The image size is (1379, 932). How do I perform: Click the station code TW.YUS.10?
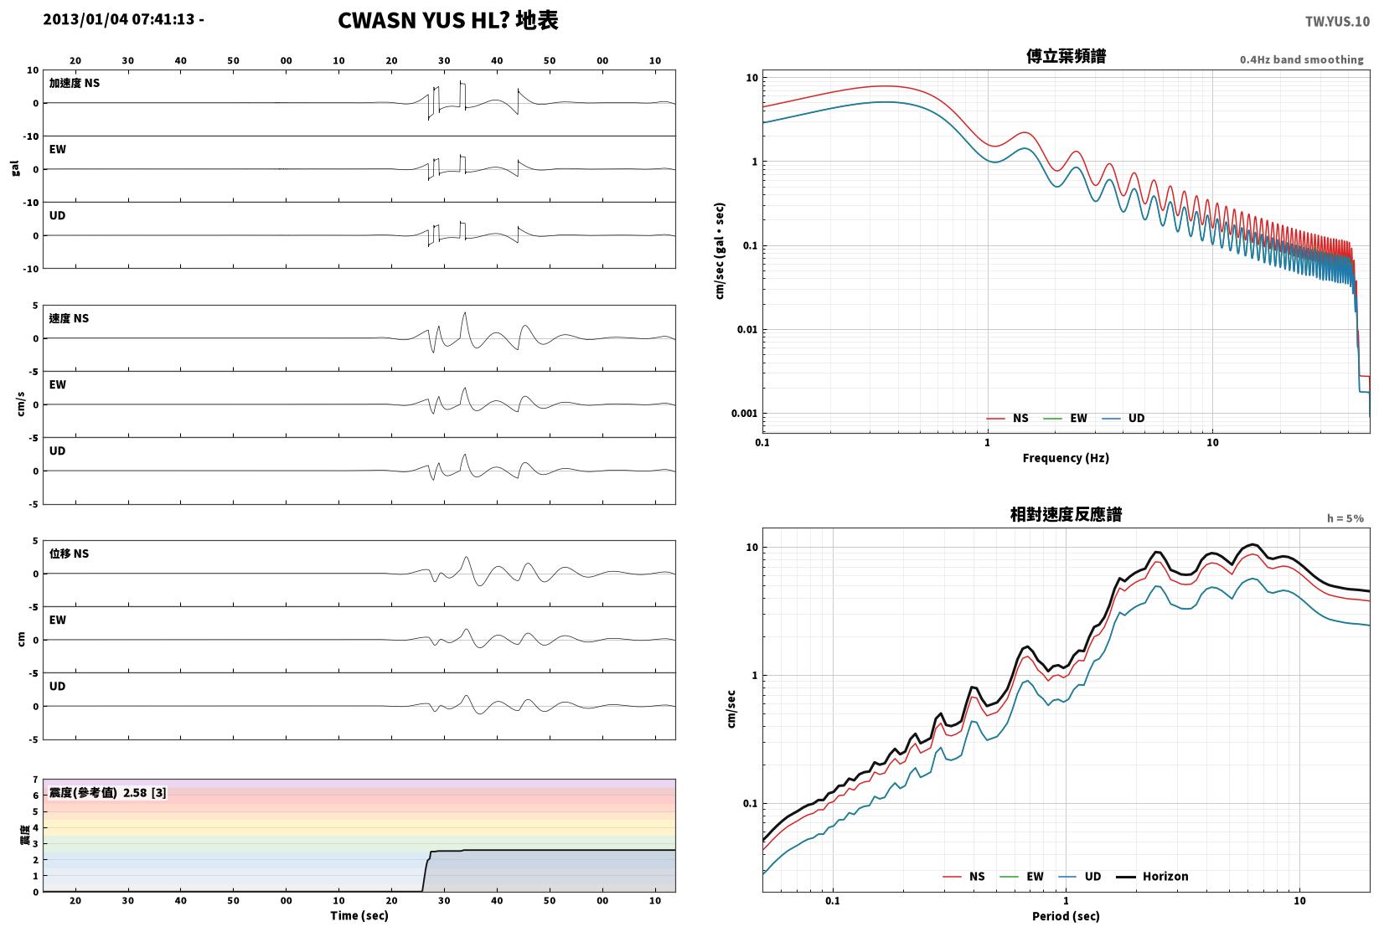click(1337, 22)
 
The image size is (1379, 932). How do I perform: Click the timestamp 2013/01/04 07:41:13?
click(119, 19)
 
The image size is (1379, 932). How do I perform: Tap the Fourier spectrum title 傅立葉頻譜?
click(1066, 56)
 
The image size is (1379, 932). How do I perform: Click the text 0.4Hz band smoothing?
click(1301, 59)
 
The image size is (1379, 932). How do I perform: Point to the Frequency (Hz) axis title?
click(1066, 458)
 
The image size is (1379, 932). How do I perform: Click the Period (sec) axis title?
click(1066, 916)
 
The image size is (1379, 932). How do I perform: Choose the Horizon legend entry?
click(1153, 877)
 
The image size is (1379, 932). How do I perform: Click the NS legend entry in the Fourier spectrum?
click(1008, 419)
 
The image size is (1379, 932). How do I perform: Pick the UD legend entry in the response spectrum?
click(1080, 877)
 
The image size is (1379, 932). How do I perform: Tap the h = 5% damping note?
click(1345, 518)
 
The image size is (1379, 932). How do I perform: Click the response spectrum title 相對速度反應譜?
click(1066, 514)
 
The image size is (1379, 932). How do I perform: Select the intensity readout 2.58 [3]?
click(145, 792)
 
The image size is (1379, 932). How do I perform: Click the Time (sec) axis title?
click(359, 915)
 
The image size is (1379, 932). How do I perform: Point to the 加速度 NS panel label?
click(75, 83)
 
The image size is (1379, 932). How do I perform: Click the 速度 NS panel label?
click(69, 319)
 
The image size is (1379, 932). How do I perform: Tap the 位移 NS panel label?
click(69, 554)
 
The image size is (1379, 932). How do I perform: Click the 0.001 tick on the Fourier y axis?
click(744, 414)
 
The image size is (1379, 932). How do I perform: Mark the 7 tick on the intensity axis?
click(36, 780)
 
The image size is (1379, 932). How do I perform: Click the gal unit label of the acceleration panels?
click(15, 168)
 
